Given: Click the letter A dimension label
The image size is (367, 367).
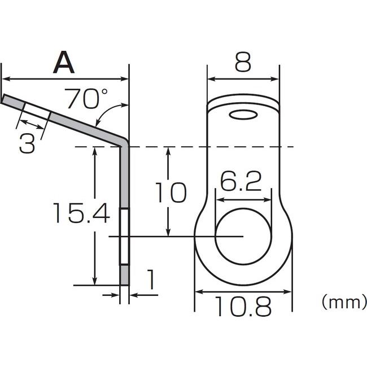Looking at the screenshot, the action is tap(64, 62).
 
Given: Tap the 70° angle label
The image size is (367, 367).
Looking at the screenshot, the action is tap(86, 99).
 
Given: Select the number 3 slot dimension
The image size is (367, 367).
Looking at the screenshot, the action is tap(27, 143).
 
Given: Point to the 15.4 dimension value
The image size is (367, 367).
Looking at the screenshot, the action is tap(81, 213).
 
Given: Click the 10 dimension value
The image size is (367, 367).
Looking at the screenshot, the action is tap(171, 193).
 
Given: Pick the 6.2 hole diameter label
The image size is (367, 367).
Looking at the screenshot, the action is tap(241, 181).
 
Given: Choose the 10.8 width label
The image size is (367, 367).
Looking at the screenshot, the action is tap(243, 306).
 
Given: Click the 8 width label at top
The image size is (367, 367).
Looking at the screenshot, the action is tap(243, 62).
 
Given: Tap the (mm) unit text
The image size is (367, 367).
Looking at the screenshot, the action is tap(344, 303).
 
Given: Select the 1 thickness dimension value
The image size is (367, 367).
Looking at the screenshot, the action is tap(151, 279).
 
